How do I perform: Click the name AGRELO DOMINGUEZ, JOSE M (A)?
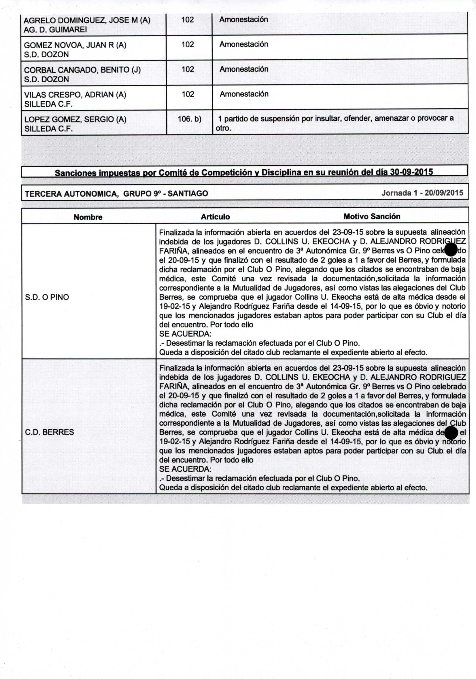(87, 20)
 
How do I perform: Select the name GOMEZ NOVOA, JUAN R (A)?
(75, 45)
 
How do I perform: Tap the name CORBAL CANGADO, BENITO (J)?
(82, 70)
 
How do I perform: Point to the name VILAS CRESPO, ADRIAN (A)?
(75, 95)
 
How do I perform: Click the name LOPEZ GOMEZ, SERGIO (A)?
(75, 120)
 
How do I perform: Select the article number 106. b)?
(189, 119)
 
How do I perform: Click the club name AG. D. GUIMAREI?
(55, 30)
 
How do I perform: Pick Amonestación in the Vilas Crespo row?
(244, 94)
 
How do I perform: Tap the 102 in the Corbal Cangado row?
(188, 69)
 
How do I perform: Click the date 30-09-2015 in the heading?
(411, 172)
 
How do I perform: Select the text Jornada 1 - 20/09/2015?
(422, 193)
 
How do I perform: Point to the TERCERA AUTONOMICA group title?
(116, 194)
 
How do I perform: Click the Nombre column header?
(88, 217)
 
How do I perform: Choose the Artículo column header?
(215, 217)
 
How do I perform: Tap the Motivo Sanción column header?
(372, 217)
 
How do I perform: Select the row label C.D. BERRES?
(49, 432)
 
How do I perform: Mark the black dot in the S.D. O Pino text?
(451, 250)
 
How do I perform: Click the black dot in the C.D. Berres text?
(451, 433)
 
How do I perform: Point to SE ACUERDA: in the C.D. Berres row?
(185, 469)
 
